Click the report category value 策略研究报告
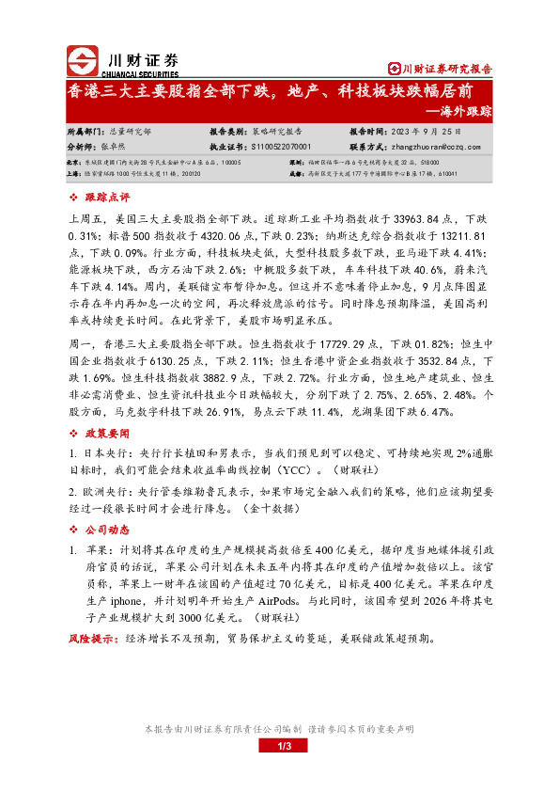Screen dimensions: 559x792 pos(278,133)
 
